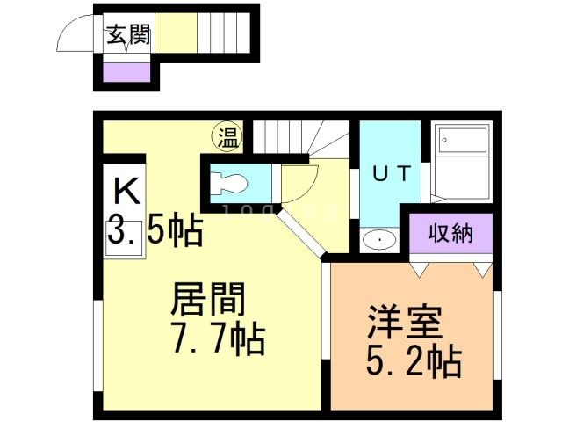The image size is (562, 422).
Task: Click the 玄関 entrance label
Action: (x=127, y=35)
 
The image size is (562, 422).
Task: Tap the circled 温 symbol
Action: (x=227, y=137)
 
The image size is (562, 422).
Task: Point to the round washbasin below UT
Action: (x=378, y=238)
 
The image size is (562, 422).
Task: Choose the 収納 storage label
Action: (x=450, y=233)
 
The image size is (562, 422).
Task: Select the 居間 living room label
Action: (x=206, y=301)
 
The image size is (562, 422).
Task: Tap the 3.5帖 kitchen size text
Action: (x=155, y=230)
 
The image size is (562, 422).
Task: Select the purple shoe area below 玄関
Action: (x=126, y=69)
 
